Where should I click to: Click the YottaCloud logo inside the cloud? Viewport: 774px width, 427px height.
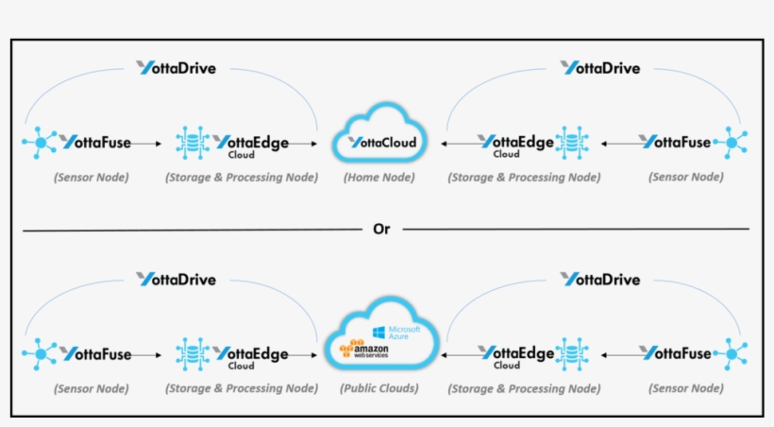(382, 143)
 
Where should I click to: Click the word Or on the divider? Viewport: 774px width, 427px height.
(382, 229)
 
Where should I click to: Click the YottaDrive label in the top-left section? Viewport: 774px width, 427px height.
(176, 68)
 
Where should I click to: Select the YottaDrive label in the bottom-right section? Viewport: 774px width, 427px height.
(600, 279)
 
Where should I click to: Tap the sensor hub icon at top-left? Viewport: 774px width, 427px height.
(41, 143)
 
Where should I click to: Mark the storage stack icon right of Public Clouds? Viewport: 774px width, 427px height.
(572, 354)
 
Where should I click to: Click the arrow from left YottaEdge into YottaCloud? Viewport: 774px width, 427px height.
(302, 144)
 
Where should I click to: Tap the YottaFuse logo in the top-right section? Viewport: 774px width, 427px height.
(674, 143)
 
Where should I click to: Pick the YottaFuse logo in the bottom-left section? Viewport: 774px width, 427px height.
(95, 353)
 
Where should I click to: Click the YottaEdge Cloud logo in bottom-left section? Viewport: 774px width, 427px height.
(250, 356)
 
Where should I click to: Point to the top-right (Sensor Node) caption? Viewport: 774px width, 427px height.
(687, 177)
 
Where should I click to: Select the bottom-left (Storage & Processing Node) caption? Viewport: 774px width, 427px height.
(241, 387)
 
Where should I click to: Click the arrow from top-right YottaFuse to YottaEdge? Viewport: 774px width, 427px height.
(617, 144)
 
